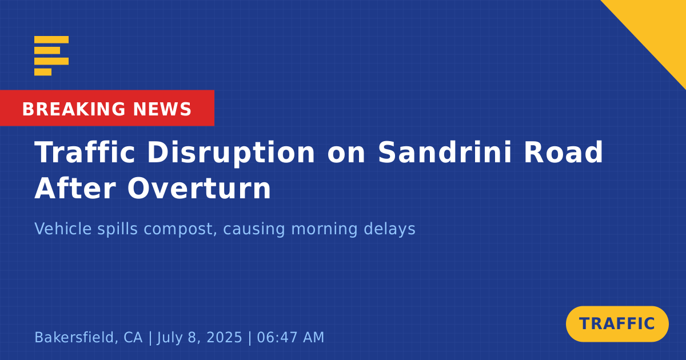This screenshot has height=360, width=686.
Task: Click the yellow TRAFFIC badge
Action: [617, 324]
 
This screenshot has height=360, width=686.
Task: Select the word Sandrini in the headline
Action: [445, 153]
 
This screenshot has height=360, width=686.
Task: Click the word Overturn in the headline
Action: [199, 188]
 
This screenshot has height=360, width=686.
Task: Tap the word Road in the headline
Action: [564, 153]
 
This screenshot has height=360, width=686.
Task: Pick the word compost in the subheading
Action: [180, 229]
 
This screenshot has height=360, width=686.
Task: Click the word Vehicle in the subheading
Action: [63, 229]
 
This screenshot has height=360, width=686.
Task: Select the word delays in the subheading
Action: [389, 229]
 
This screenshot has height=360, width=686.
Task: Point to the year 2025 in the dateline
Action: [224, 337]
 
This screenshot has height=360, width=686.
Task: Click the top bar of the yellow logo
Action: [51, 39]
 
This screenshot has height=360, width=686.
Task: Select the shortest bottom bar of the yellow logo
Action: [43, 72]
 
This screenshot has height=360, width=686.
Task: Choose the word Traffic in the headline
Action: [85, 153]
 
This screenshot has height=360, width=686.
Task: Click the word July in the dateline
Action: [169, 338]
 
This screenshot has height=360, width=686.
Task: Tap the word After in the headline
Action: [75, 188]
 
